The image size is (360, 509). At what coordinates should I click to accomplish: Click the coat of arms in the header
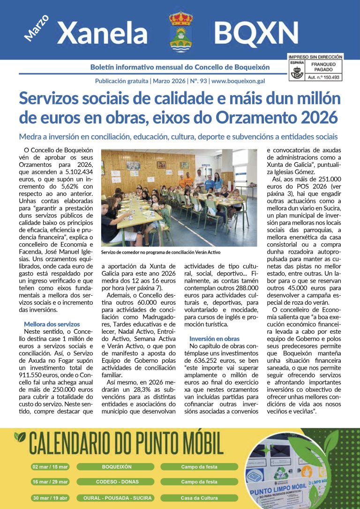tap(180, 31)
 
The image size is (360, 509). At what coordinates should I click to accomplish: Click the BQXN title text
tap(256, 33)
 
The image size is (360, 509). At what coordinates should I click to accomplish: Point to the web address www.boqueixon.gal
tap(238, 81)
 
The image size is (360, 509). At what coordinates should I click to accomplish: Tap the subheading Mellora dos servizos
tap(52, 324)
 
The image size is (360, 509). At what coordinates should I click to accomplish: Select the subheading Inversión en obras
tap(214, 338)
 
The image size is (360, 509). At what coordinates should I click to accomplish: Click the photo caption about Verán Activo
tap(161, 252)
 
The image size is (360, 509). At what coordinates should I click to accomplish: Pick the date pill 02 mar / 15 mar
tap(50, 467)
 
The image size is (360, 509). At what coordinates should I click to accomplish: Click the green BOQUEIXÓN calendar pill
tap(117, 467)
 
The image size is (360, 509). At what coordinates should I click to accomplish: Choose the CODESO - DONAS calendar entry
tap(117, 482)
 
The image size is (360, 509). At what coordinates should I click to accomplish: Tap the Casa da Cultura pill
tap(199, 498)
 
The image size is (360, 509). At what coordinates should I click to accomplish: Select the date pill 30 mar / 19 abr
tap(50, 498)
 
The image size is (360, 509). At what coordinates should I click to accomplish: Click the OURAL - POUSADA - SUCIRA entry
tap(117, 498)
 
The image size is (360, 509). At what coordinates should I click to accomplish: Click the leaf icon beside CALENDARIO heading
tap(20, 437)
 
